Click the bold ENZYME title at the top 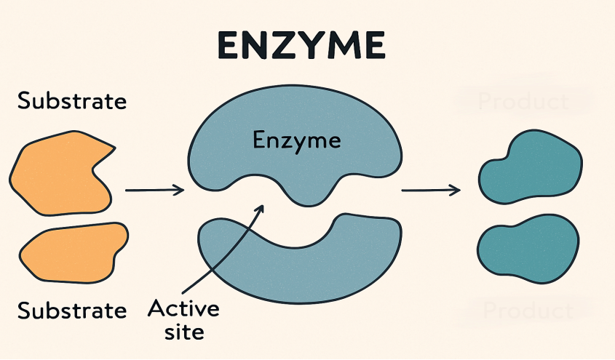pos(301,45)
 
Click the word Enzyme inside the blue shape pos(296,140)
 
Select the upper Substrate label pos(71,100)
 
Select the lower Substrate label pos(71,311)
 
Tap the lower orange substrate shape pos(73,251)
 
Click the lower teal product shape pos(529,248)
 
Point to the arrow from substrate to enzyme pos(154,191)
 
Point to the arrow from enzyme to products pos(431,191)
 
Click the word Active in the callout pos(183,308)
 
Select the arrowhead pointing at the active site pos(258,209)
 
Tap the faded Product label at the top pos(523,100)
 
